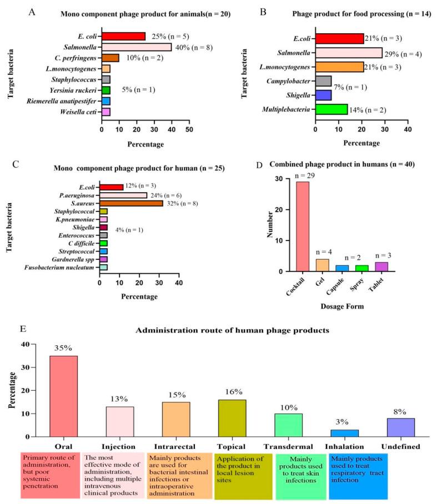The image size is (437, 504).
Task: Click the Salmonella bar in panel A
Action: tap(137, 47)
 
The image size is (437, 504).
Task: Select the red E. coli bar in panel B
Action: tap(339, 38)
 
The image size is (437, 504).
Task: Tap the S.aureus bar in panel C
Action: tap(131, 203)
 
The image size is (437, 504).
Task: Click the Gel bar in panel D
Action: tap(323, 265)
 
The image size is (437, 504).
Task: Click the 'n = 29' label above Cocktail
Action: tap(302, 175)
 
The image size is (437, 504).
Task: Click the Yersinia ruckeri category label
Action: tap(74, 89)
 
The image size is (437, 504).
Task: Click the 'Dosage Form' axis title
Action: tap(339, 304)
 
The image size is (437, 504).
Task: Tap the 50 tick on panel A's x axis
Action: tap(189, 129)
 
